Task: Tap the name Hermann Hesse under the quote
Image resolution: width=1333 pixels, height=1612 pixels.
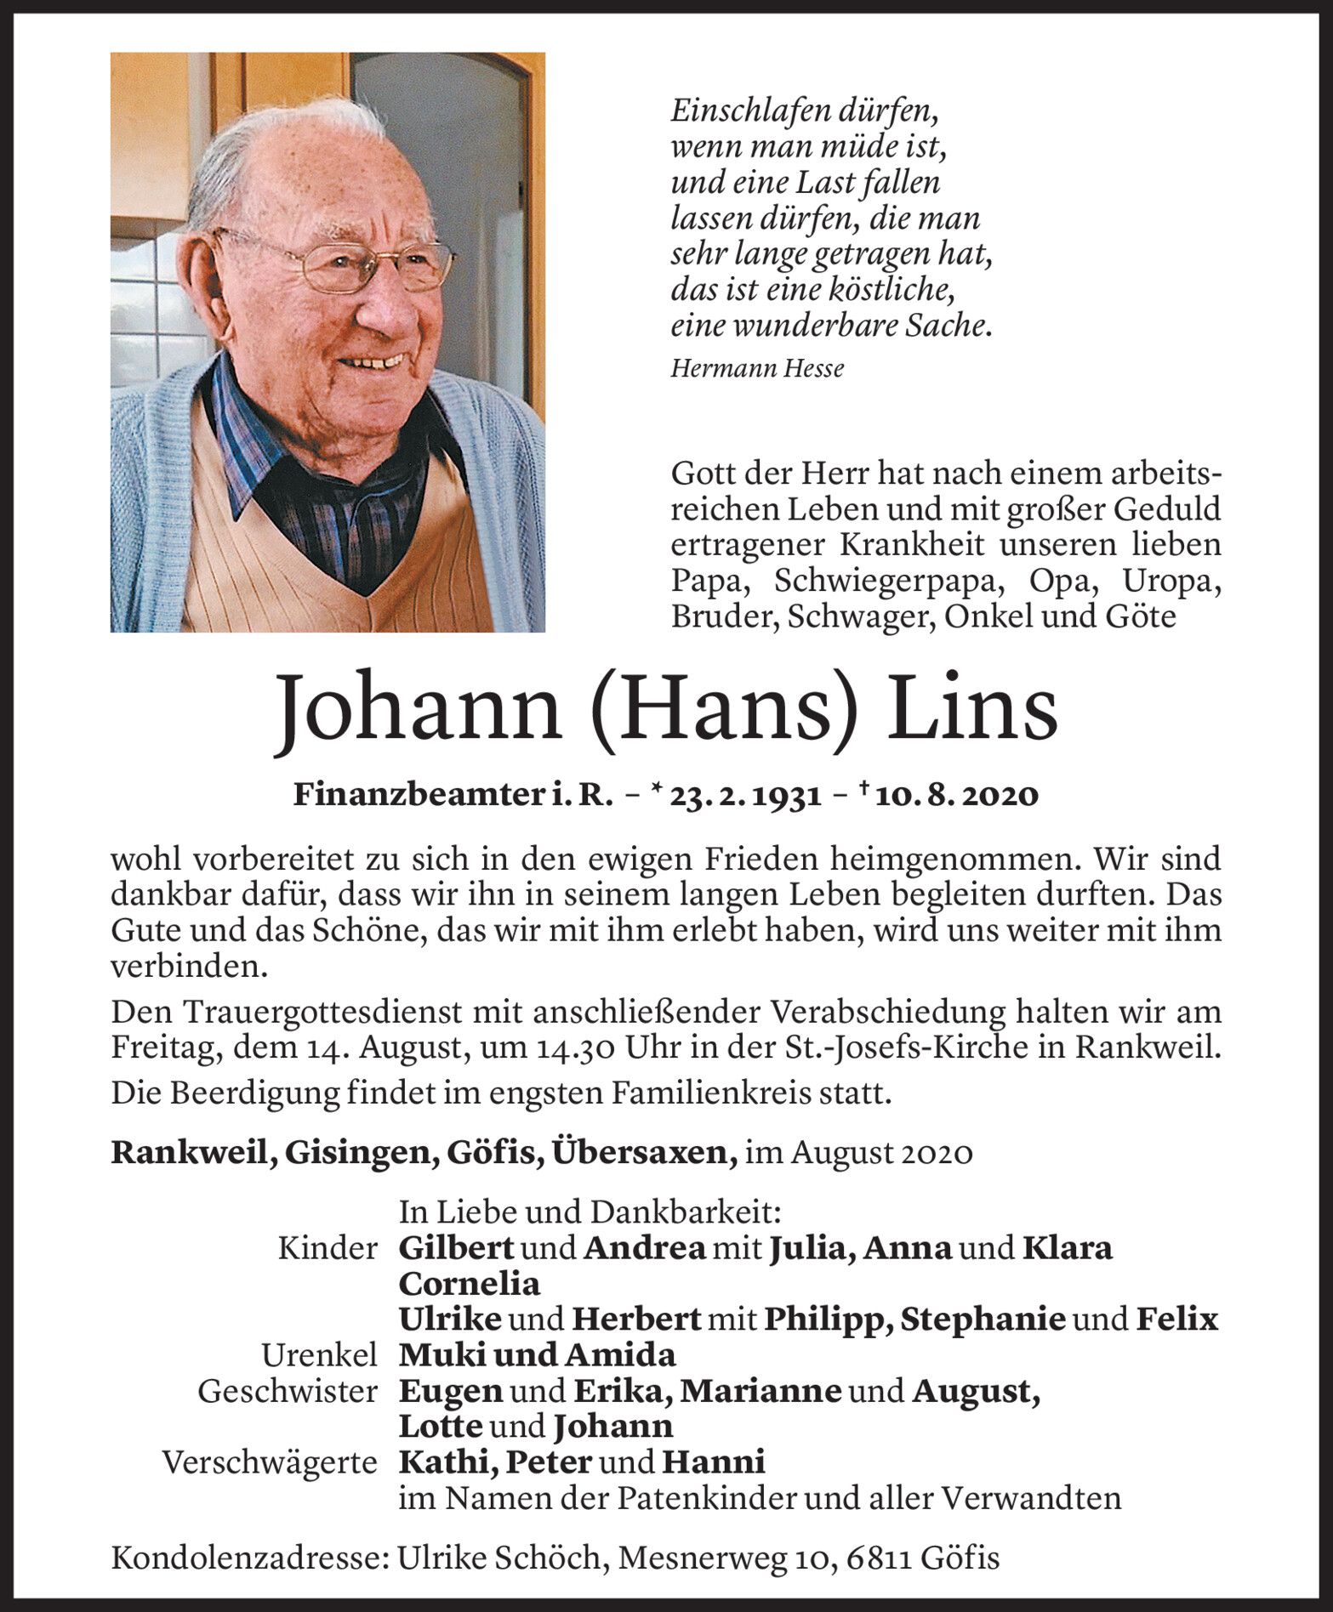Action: click(757, 368)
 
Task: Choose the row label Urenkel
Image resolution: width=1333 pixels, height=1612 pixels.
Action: click(319, 1354)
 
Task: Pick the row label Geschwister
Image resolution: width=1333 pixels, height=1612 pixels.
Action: click(288, 1391)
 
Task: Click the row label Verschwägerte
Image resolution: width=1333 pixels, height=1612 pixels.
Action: click(270, 1462)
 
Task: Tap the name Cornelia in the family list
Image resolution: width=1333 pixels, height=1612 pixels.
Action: click(469, 1282)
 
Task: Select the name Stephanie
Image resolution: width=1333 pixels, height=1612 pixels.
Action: click(983, 1319)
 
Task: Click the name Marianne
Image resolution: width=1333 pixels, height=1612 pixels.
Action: click(761, 1391)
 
